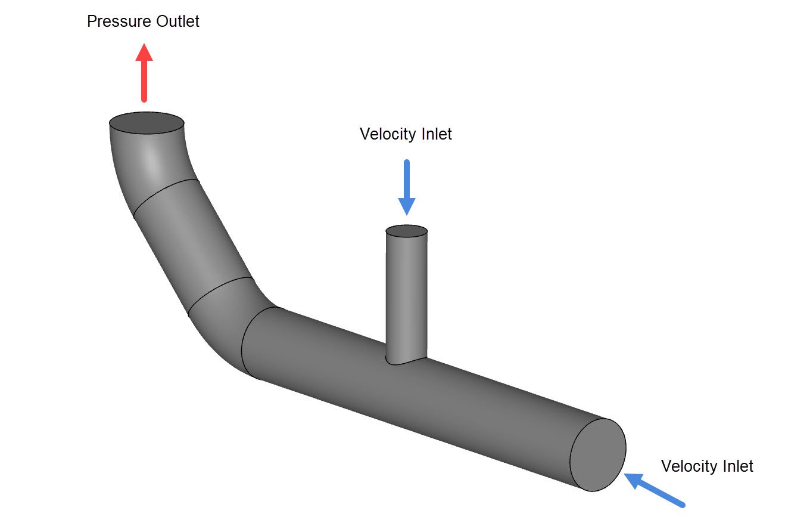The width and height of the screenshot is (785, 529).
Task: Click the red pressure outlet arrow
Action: point(144,75)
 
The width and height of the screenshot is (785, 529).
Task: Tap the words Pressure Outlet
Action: point(143,21)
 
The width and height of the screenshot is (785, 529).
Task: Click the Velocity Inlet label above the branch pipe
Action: point(406,134)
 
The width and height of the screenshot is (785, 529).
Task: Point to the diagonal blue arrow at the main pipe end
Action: point(655,490)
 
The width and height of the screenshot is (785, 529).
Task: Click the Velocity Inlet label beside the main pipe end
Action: point(707,466)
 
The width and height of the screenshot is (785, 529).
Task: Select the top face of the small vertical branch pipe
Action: point(407,231)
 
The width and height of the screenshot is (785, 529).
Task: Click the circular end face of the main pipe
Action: point(598,454)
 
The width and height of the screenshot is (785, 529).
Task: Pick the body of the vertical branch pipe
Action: point(407,292)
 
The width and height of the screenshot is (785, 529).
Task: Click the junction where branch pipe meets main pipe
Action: point(407,359)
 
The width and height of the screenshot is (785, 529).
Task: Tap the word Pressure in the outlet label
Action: point(120,21)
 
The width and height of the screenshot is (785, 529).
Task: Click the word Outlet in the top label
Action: point(178,21)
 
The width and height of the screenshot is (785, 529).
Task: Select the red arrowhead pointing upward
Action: point(144,52)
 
